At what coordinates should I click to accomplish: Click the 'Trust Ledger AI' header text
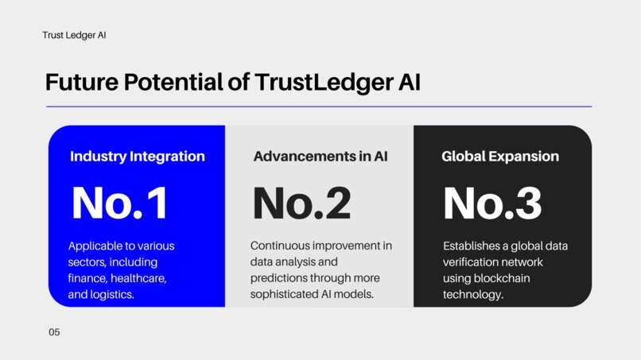point(74,36)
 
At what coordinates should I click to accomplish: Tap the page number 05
point(54,332)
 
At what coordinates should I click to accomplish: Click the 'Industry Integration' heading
point(137,157)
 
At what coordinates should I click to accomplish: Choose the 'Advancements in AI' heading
point(320,157)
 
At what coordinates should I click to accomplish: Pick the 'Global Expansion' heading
point(499,157)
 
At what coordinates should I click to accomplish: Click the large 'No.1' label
point(119,203)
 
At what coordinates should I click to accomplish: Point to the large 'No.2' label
point(301,203)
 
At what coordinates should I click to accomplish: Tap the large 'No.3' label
point(491,203)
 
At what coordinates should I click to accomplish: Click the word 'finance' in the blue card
point(87,279)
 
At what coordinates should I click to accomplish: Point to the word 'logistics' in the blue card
point(111,295)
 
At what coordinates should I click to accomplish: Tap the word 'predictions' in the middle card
point(280,279)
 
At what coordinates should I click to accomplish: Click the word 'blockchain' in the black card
point(501,279)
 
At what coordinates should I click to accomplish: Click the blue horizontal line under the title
point(319,106)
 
